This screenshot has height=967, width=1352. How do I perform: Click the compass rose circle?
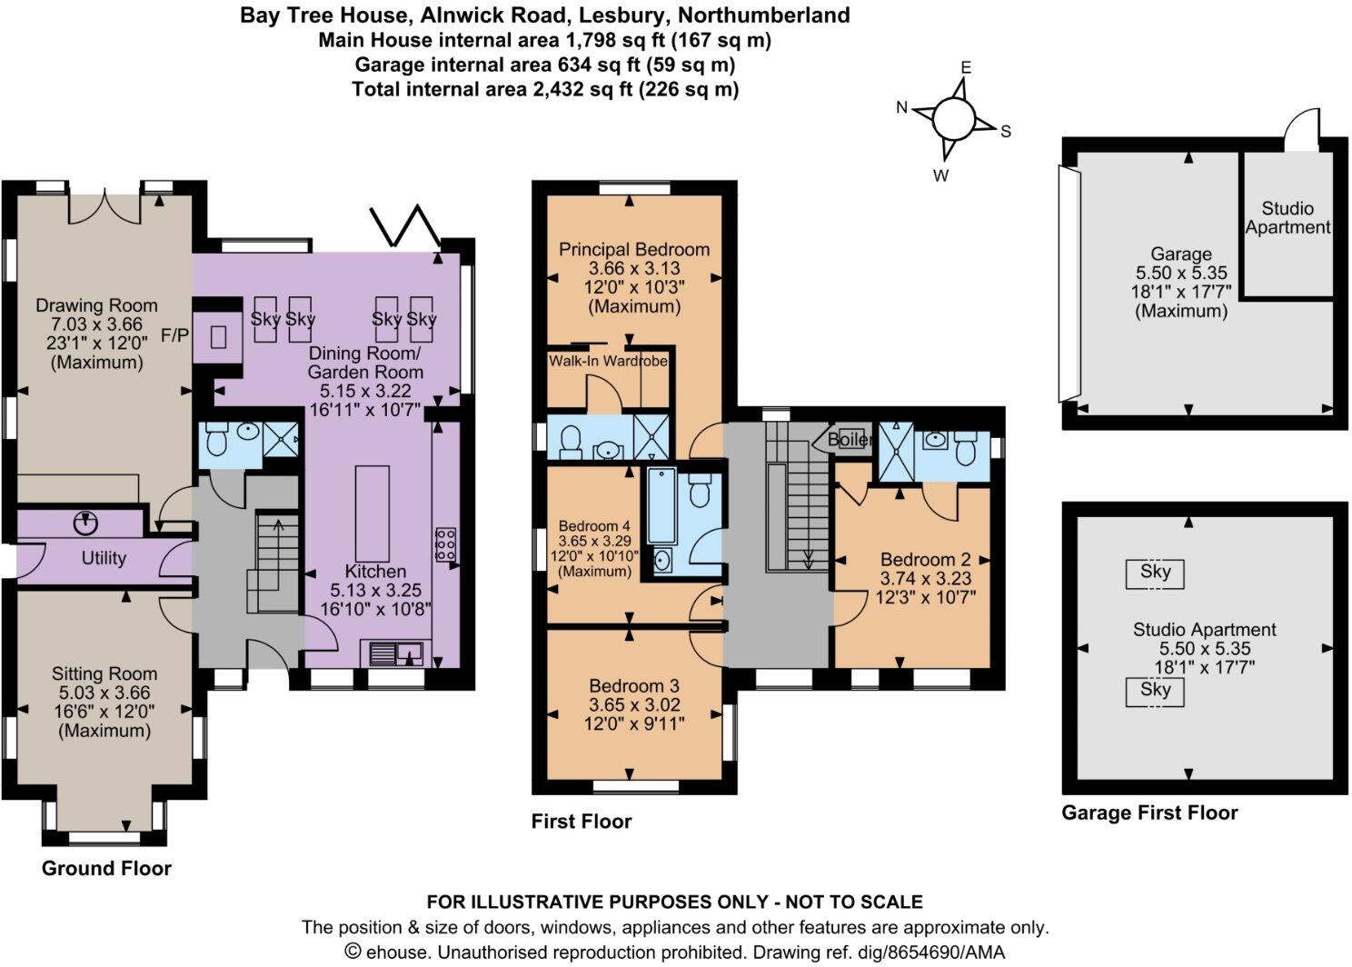953,118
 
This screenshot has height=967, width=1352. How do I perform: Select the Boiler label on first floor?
850,439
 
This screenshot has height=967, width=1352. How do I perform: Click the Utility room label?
104,558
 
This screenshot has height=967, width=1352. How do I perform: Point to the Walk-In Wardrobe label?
608,361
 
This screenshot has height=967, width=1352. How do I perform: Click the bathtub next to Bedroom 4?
661,518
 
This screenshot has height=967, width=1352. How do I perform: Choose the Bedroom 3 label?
634,686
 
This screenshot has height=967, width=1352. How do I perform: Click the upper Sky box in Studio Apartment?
1156,573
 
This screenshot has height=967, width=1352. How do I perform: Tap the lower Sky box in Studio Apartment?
1156,691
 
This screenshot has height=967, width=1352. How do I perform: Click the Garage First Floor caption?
1149,812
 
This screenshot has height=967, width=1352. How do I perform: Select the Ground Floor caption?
106,868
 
